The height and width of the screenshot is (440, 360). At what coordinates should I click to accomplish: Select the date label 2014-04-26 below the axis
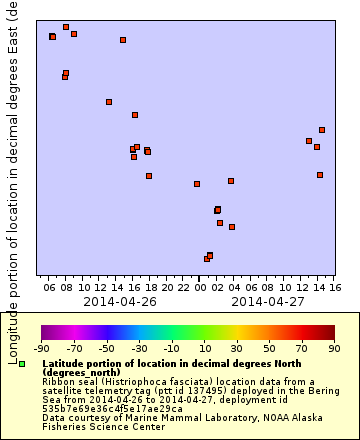tap(120, 300)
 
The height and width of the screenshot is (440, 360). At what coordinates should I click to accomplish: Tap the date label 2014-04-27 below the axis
tap(268, 300)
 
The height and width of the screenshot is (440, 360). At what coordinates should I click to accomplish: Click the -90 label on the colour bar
tap(42, 348)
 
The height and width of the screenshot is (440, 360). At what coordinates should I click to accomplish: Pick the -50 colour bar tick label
tap(107, 348)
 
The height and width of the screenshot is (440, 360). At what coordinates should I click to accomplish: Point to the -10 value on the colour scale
tap(172, 348)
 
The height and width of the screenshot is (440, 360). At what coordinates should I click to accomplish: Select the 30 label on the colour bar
tap(237, 348)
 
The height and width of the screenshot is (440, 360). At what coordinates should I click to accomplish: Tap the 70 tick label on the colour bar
tap(302, 348)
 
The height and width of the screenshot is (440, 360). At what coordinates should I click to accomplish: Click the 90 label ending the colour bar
tap(334, 348)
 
